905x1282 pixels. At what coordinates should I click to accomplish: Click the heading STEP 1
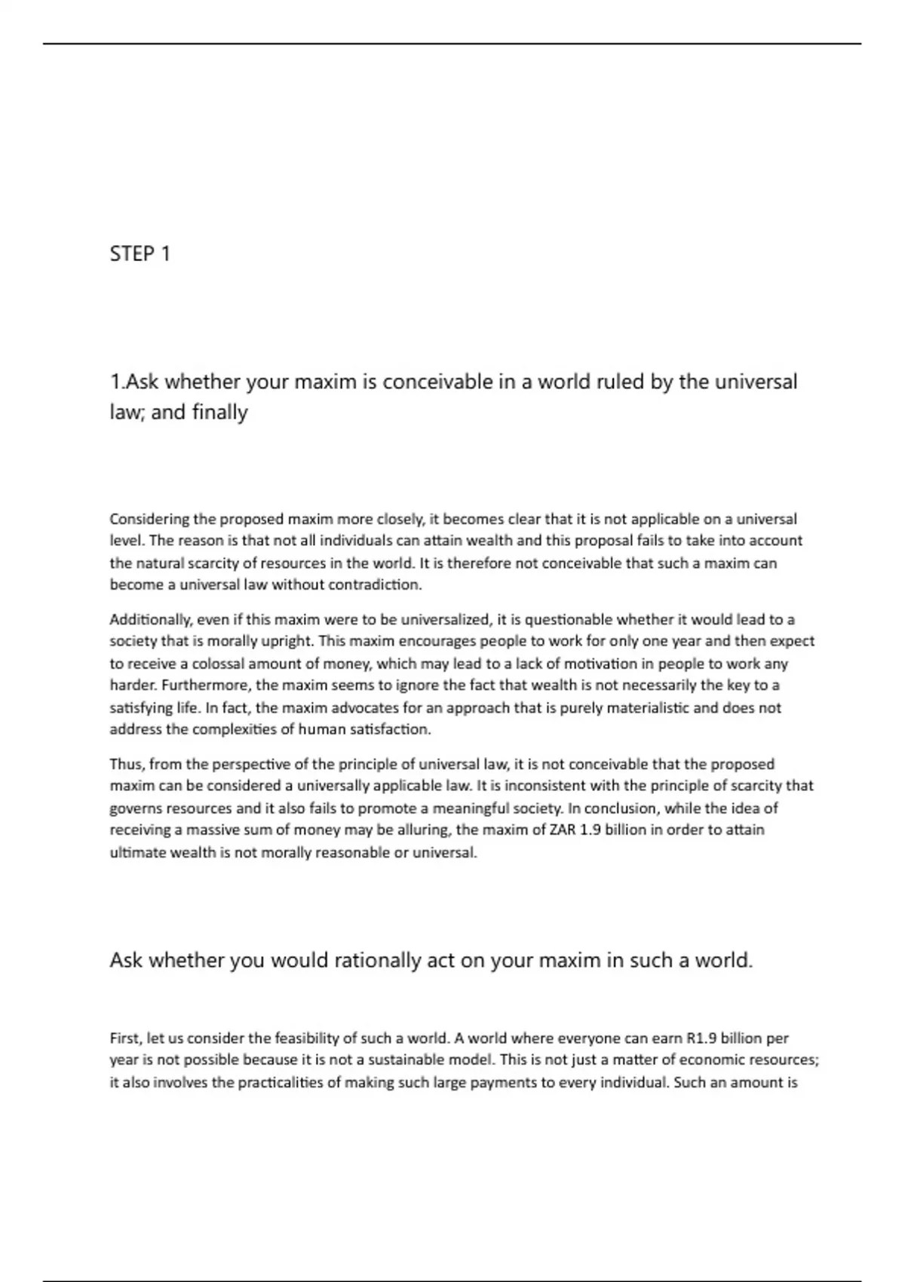(x=140, y=253)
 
